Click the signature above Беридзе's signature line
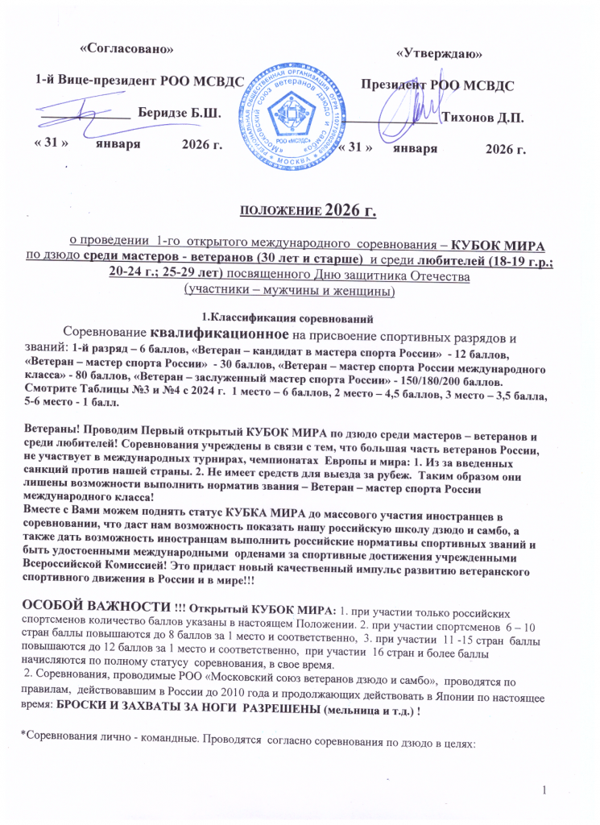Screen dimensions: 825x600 92,109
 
